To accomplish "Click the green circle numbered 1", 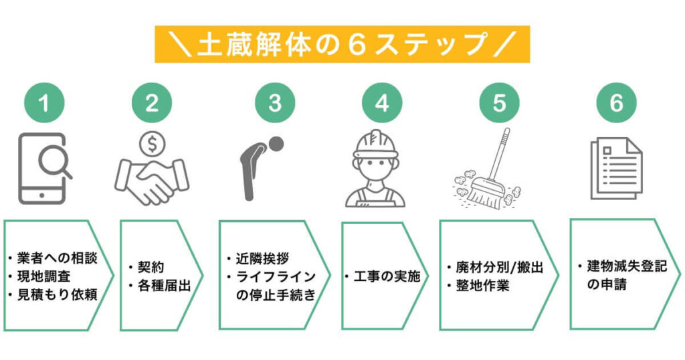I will click(44, 104).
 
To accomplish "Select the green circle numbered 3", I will click(275, 104).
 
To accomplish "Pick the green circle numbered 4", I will click(382, 104).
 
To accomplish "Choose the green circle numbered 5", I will click(500, 104).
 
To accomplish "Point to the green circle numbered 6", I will click(616, 104).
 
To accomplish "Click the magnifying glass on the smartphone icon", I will click(53, 161).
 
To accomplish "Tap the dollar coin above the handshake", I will click(152, 143).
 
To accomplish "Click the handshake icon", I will click(152, 179).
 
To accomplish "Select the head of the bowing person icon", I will click(275, 144).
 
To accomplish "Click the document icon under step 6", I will click(615, 168).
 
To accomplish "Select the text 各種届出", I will click(163, 286).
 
